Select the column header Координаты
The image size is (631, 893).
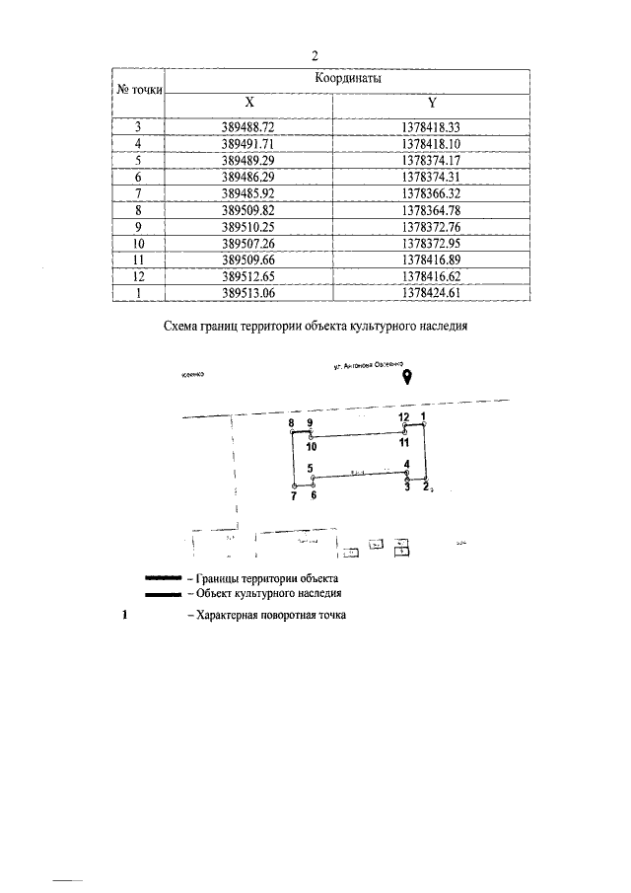348,78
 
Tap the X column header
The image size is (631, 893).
249,102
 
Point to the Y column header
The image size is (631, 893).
433,102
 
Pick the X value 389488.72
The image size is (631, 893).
249,127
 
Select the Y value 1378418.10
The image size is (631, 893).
433,143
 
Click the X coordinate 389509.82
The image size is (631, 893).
249,210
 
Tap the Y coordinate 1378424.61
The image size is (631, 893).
433,293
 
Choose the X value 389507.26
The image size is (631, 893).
249,243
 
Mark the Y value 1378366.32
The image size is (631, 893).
433,193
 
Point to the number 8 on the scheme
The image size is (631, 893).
292,423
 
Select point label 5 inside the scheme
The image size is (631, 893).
310,469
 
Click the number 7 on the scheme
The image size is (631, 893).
294,495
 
